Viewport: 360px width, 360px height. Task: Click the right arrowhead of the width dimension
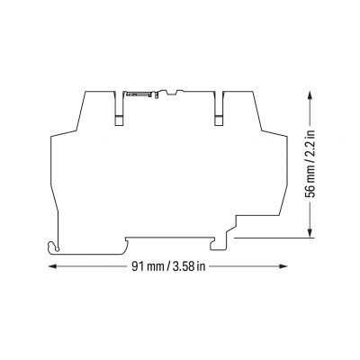[x=283, y=266]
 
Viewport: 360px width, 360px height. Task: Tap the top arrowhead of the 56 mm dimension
[x=310, y=96]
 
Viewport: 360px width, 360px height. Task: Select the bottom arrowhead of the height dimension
[x=310, y=233]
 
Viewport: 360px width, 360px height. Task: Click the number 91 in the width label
[x=138, y=266]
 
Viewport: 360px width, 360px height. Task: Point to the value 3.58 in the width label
[x=184, y=266]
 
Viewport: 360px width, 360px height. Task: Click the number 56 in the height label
[x=310, y=192]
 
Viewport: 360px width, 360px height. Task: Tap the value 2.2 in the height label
[x=310, y=151]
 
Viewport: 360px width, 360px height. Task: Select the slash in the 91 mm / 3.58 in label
[x=168, y=266]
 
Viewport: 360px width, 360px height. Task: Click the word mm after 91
[x=155, y=267]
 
